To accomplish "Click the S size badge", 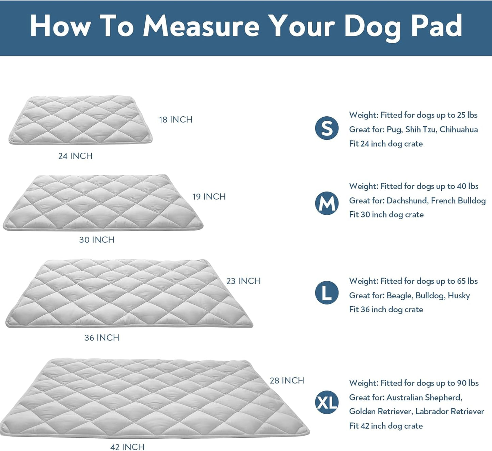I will pos(327,128).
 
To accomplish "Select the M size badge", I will pos(327,204).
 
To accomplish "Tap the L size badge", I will pos(327,292).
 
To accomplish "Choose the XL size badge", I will pos(327,402).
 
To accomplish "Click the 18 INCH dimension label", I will pos(176,120).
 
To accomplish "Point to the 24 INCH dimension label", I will pos(75,156).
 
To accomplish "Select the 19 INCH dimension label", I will pos(209,197).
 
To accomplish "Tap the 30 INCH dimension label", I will pos(97,240).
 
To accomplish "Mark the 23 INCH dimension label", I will pos(243,281).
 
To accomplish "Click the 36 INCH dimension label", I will pos(102,338).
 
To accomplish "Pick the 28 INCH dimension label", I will pos(287,381).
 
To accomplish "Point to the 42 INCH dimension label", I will pos(127,447).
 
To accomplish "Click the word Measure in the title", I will pos(201,26).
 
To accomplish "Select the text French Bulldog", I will pos(458,200).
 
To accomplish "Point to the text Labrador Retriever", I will pos(449,411).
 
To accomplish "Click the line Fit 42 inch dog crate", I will pos(386,426).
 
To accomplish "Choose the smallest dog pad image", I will pos(80,120).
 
